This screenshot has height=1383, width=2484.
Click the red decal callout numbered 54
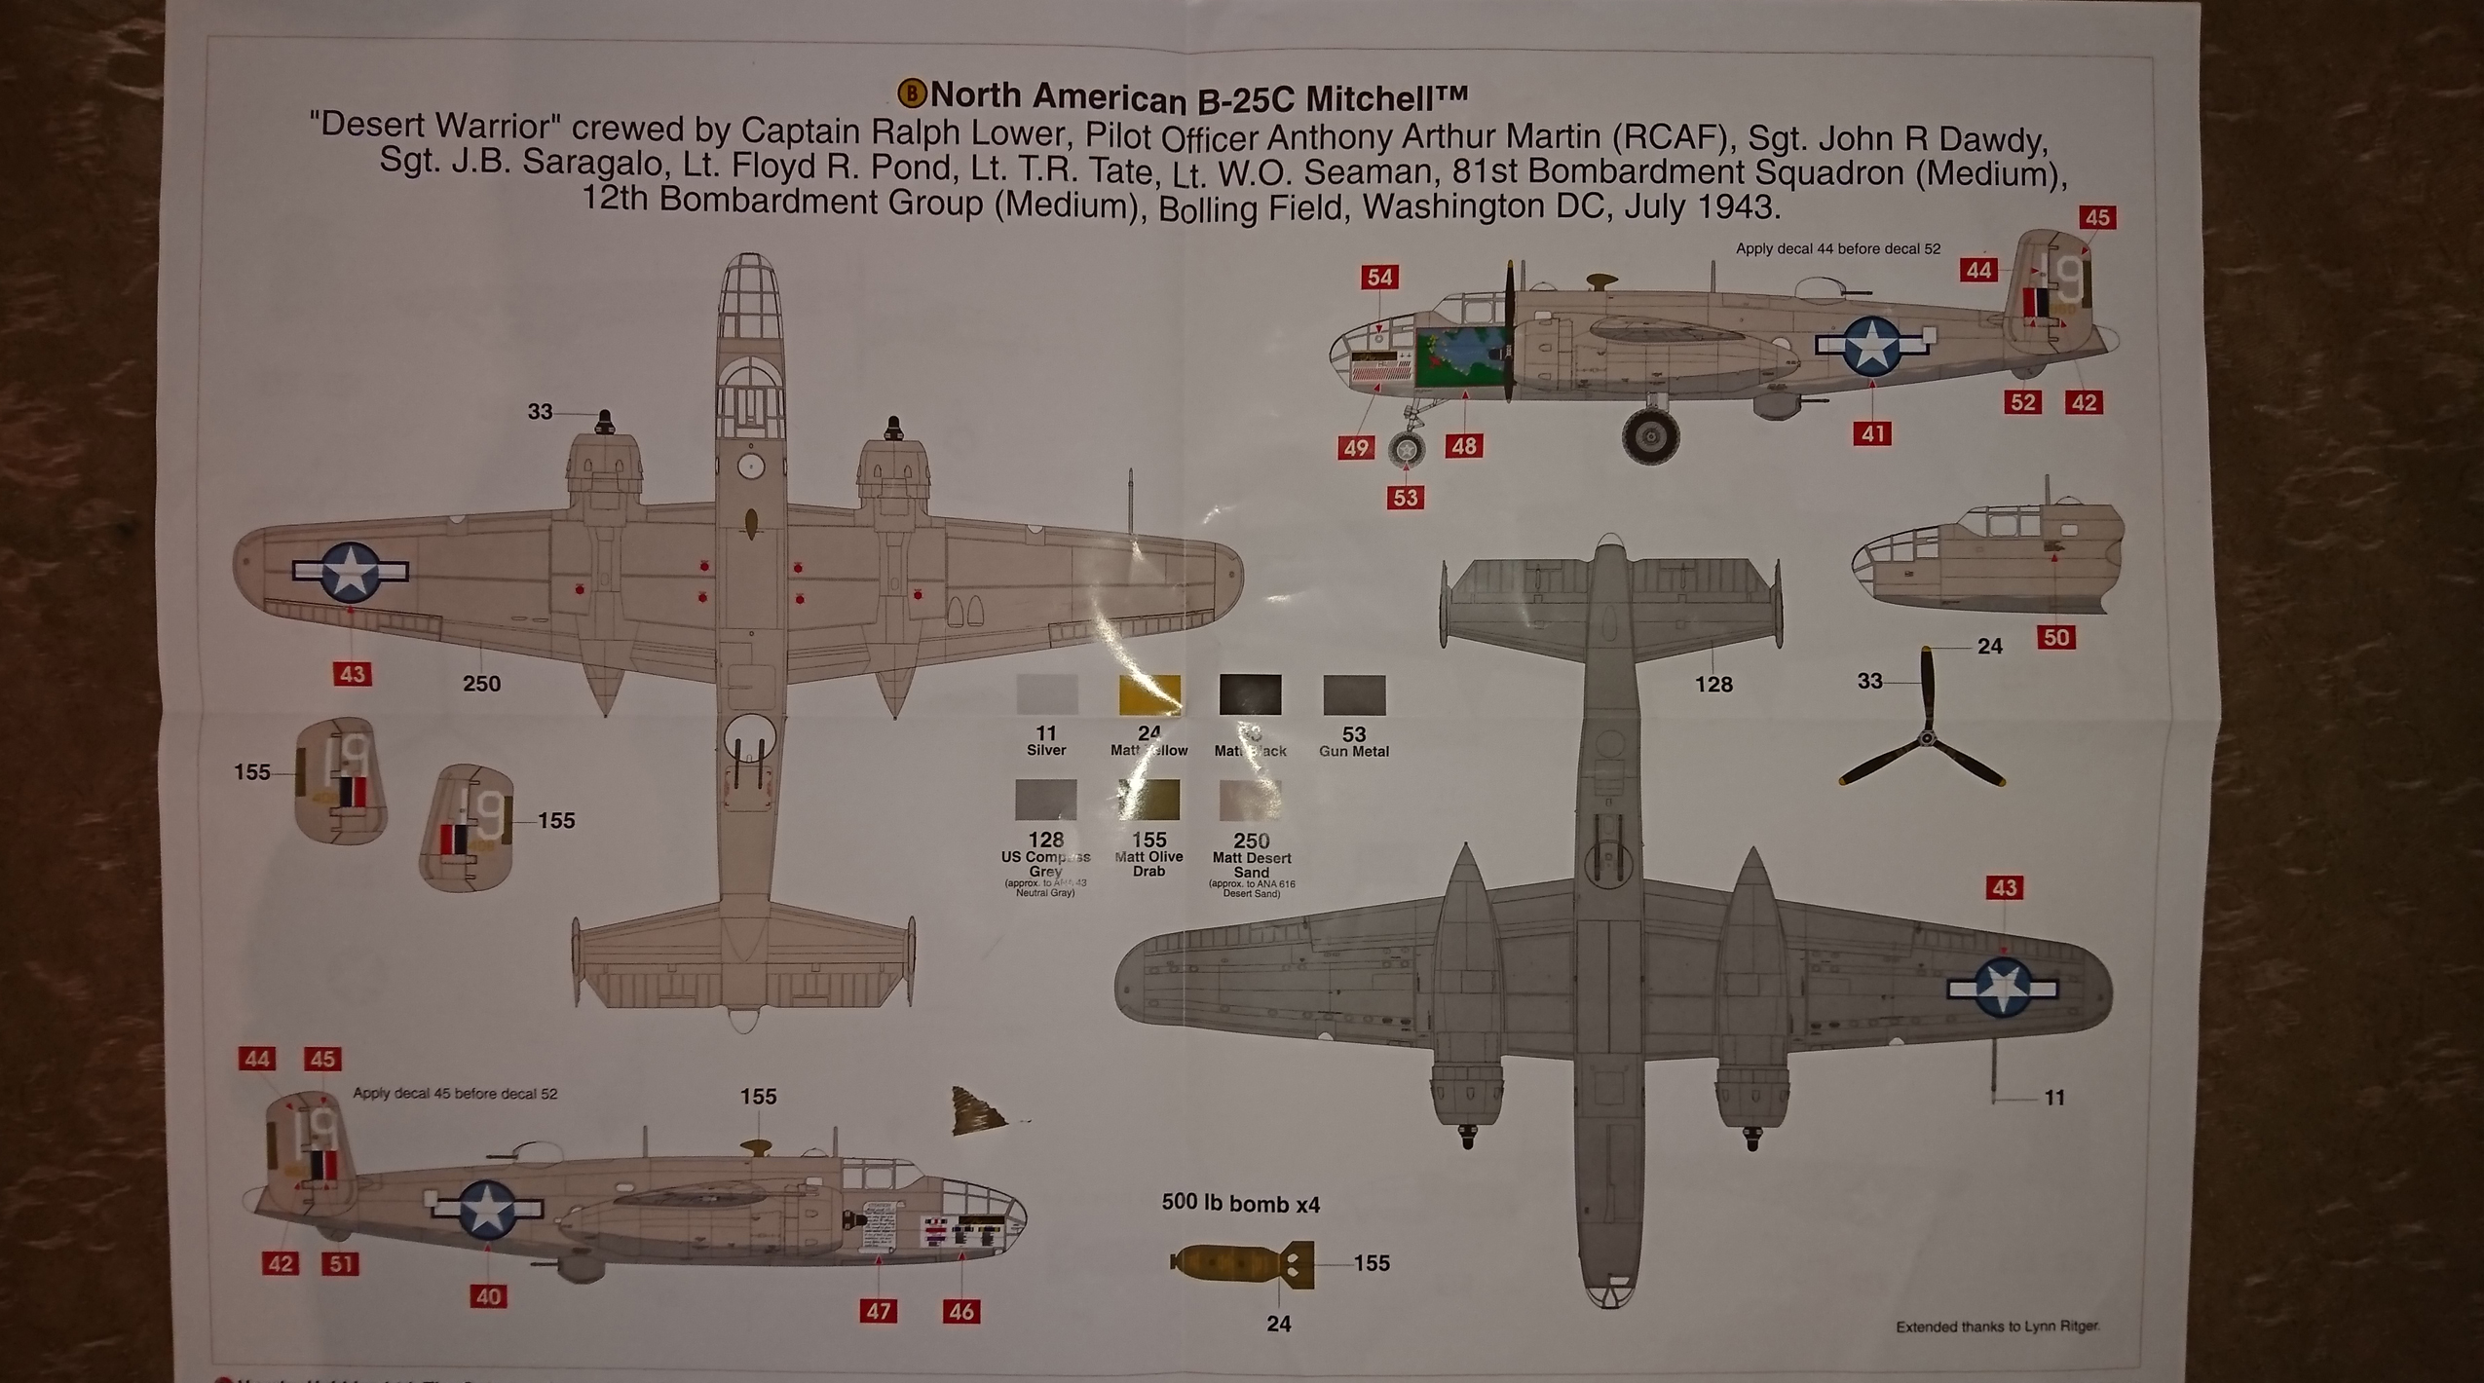[x=1379, y=278]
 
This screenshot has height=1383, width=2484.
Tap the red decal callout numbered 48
[x=1464, y=446]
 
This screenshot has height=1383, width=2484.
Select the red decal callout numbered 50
[x=2055, y=638]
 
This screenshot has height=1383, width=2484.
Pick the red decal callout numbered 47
[x=878, y=1311]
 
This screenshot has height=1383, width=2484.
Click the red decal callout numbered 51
[x=341, y=1264]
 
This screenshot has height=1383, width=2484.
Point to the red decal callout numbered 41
[x=1874, y=433]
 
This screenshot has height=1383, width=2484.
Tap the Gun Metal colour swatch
[x=1354, y=695]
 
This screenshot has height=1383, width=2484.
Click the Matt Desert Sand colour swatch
[x=1251, y=801]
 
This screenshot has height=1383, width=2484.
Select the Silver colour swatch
[x=1046, y=694]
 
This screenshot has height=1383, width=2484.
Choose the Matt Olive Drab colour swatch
[x=1148, y=800]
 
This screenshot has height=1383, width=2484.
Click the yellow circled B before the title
[x=912, y=93]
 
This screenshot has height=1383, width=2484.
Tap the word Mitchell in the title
[x=1383, y=98]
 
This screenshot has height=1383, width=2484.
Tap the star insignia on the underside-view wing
[x=2001, y=988]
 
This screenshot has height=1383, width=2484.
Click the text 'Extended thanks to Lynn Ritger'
[x=1997, y=1327]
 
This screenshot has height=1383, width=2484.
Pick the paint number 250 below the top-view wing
[x=481, y=684]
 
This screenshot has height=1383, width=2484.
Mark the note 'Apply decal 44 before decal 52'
[x=1837, y=249]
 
